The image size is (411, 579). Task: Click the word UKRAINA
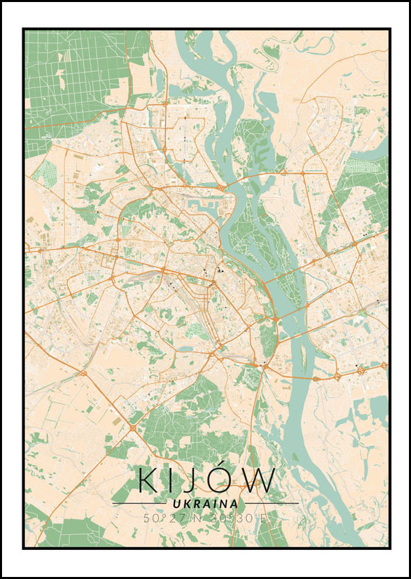[x=206, y=504]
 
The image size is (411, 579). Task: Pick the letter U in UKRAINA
[x=176, y=504]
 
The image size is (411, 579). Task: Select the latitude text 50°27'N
[x=172, y=518]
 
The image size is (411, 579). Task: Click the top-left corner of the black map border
[x=23, y=28]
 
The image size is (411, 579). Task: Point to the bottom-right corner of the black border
[x=389, y=548]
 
